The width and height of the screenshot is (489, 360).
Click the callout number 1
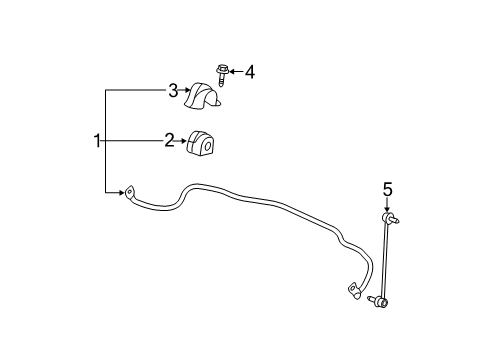(98, 141)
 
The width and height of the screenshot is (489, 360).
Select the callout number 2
(170, 141)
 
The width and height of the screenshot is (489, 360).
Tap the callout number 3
(173, 91)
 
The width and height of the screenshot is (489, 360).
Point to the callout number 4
(249, 72)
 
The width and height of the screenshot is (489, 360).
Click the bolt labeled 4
(221, 73)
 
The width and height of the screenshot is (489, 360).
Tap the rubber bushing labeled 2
(204, 143)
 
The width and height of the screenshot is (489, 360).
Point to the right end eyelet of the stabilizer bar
(353, 291)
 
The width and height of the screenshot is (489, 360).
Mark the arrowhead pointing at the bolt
(233, 72)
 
